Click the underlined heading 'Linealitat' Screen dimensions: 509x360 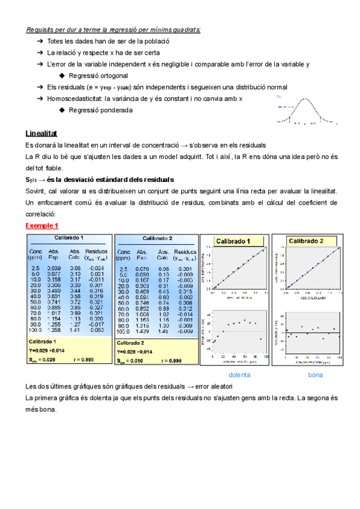(41, 133)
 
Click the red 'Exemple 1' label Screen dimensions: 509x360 (42, 225)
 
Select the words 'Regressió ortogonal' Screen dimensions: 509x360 (98, 76)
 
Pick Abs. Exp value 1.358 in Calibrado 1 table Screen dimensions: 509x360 (55, 330)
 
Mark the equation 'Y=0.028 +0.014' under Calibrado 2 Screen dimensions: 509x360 (139, 350)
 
